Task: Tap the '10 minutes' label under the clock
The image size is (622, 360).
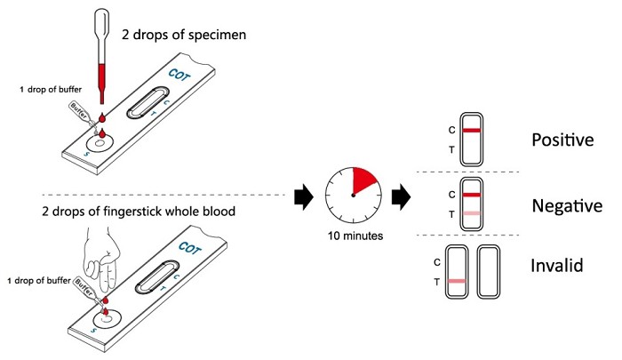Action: [x=354, y=237]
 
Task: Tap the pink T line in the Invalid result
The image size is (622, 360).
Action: [x=459, y=281]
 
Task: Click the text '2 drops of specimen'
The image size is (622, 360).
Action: [x=184, y=36]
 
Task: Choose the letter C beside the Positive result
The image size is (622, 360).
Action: [x=452, y=130]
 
